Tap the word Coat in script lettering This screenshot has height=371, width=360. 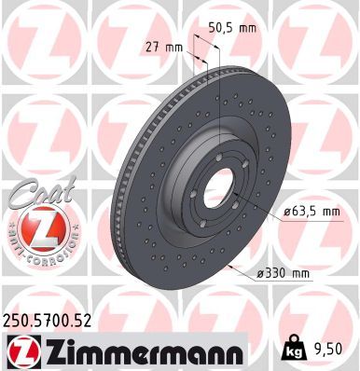35,197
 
